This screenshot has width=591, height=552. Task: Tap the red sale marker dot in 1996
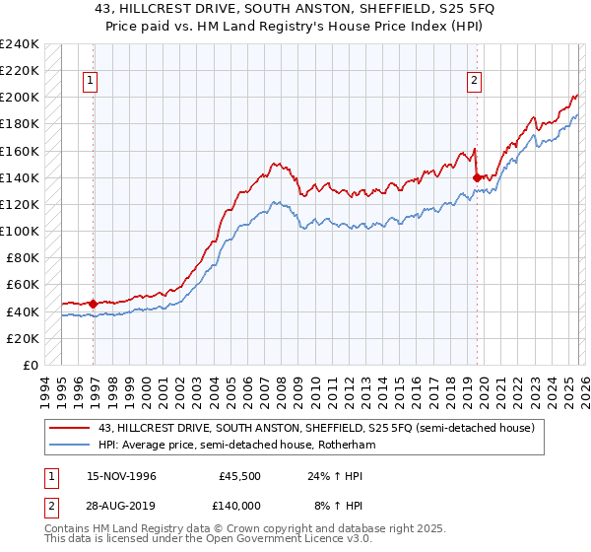coord(94,304)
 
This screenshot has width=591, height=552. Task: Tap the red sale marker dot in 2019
coord(478,177)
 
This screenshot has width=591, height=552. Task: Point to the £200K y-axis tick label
coord(20,98)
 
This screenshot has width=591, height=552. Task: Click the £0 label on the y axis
coord(31,365)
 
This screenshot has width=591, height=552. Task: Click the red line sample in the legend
coord(70,429)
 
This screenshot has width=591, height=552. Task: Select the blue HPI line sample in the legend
coord(70,446)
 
